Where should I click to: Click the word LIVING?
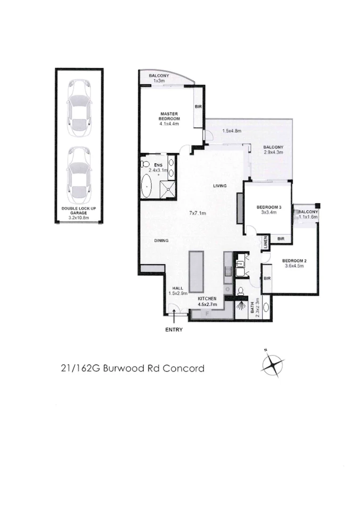click(220, 186)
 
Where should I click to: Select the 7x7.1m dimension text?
click(197, 213)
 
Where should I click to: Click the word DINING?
click(161, 241)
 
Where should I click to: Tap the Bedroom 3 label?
click(268, 210)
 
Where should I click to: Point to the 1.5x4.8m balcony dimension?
click(231, 131)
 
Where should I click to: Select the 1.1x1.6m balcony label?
click(308, 217)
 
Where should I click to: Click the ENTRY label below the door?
click(173, 330)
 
